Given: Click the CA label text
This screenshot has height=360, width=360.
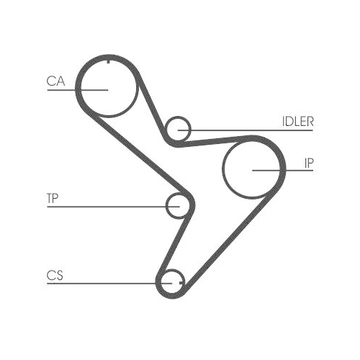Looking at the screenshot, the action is (x=55, y=81).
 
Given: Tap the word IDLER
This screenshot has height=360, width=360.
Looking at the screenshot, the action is (x=298, y=122).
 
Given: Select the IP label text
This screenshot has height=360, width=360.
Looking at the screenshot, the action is (x=309, y=163).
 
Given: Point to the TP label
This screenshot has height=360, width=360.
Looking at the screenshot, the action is (x=53, y=198).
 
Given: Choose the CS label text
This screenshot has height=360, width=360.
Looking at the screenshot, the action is (x=55, y=275).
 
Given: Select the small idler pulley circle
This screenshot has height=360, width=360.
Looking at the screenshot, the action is (x=191, y=130).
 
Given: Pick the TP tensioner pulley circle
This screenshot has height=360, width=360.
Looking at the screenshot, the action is (x=166, y=206).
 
